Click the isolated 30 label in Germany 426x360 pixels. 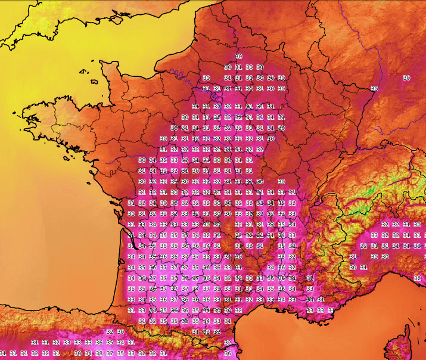406,78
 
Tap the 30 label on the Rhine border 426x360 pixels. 374,89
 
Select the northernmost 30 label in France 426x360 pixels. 239,56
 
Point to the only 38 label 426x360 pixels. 99,353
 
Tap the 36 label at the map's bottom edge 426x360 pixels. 228,353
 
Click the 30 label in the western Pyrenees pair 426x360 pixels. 120,332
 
